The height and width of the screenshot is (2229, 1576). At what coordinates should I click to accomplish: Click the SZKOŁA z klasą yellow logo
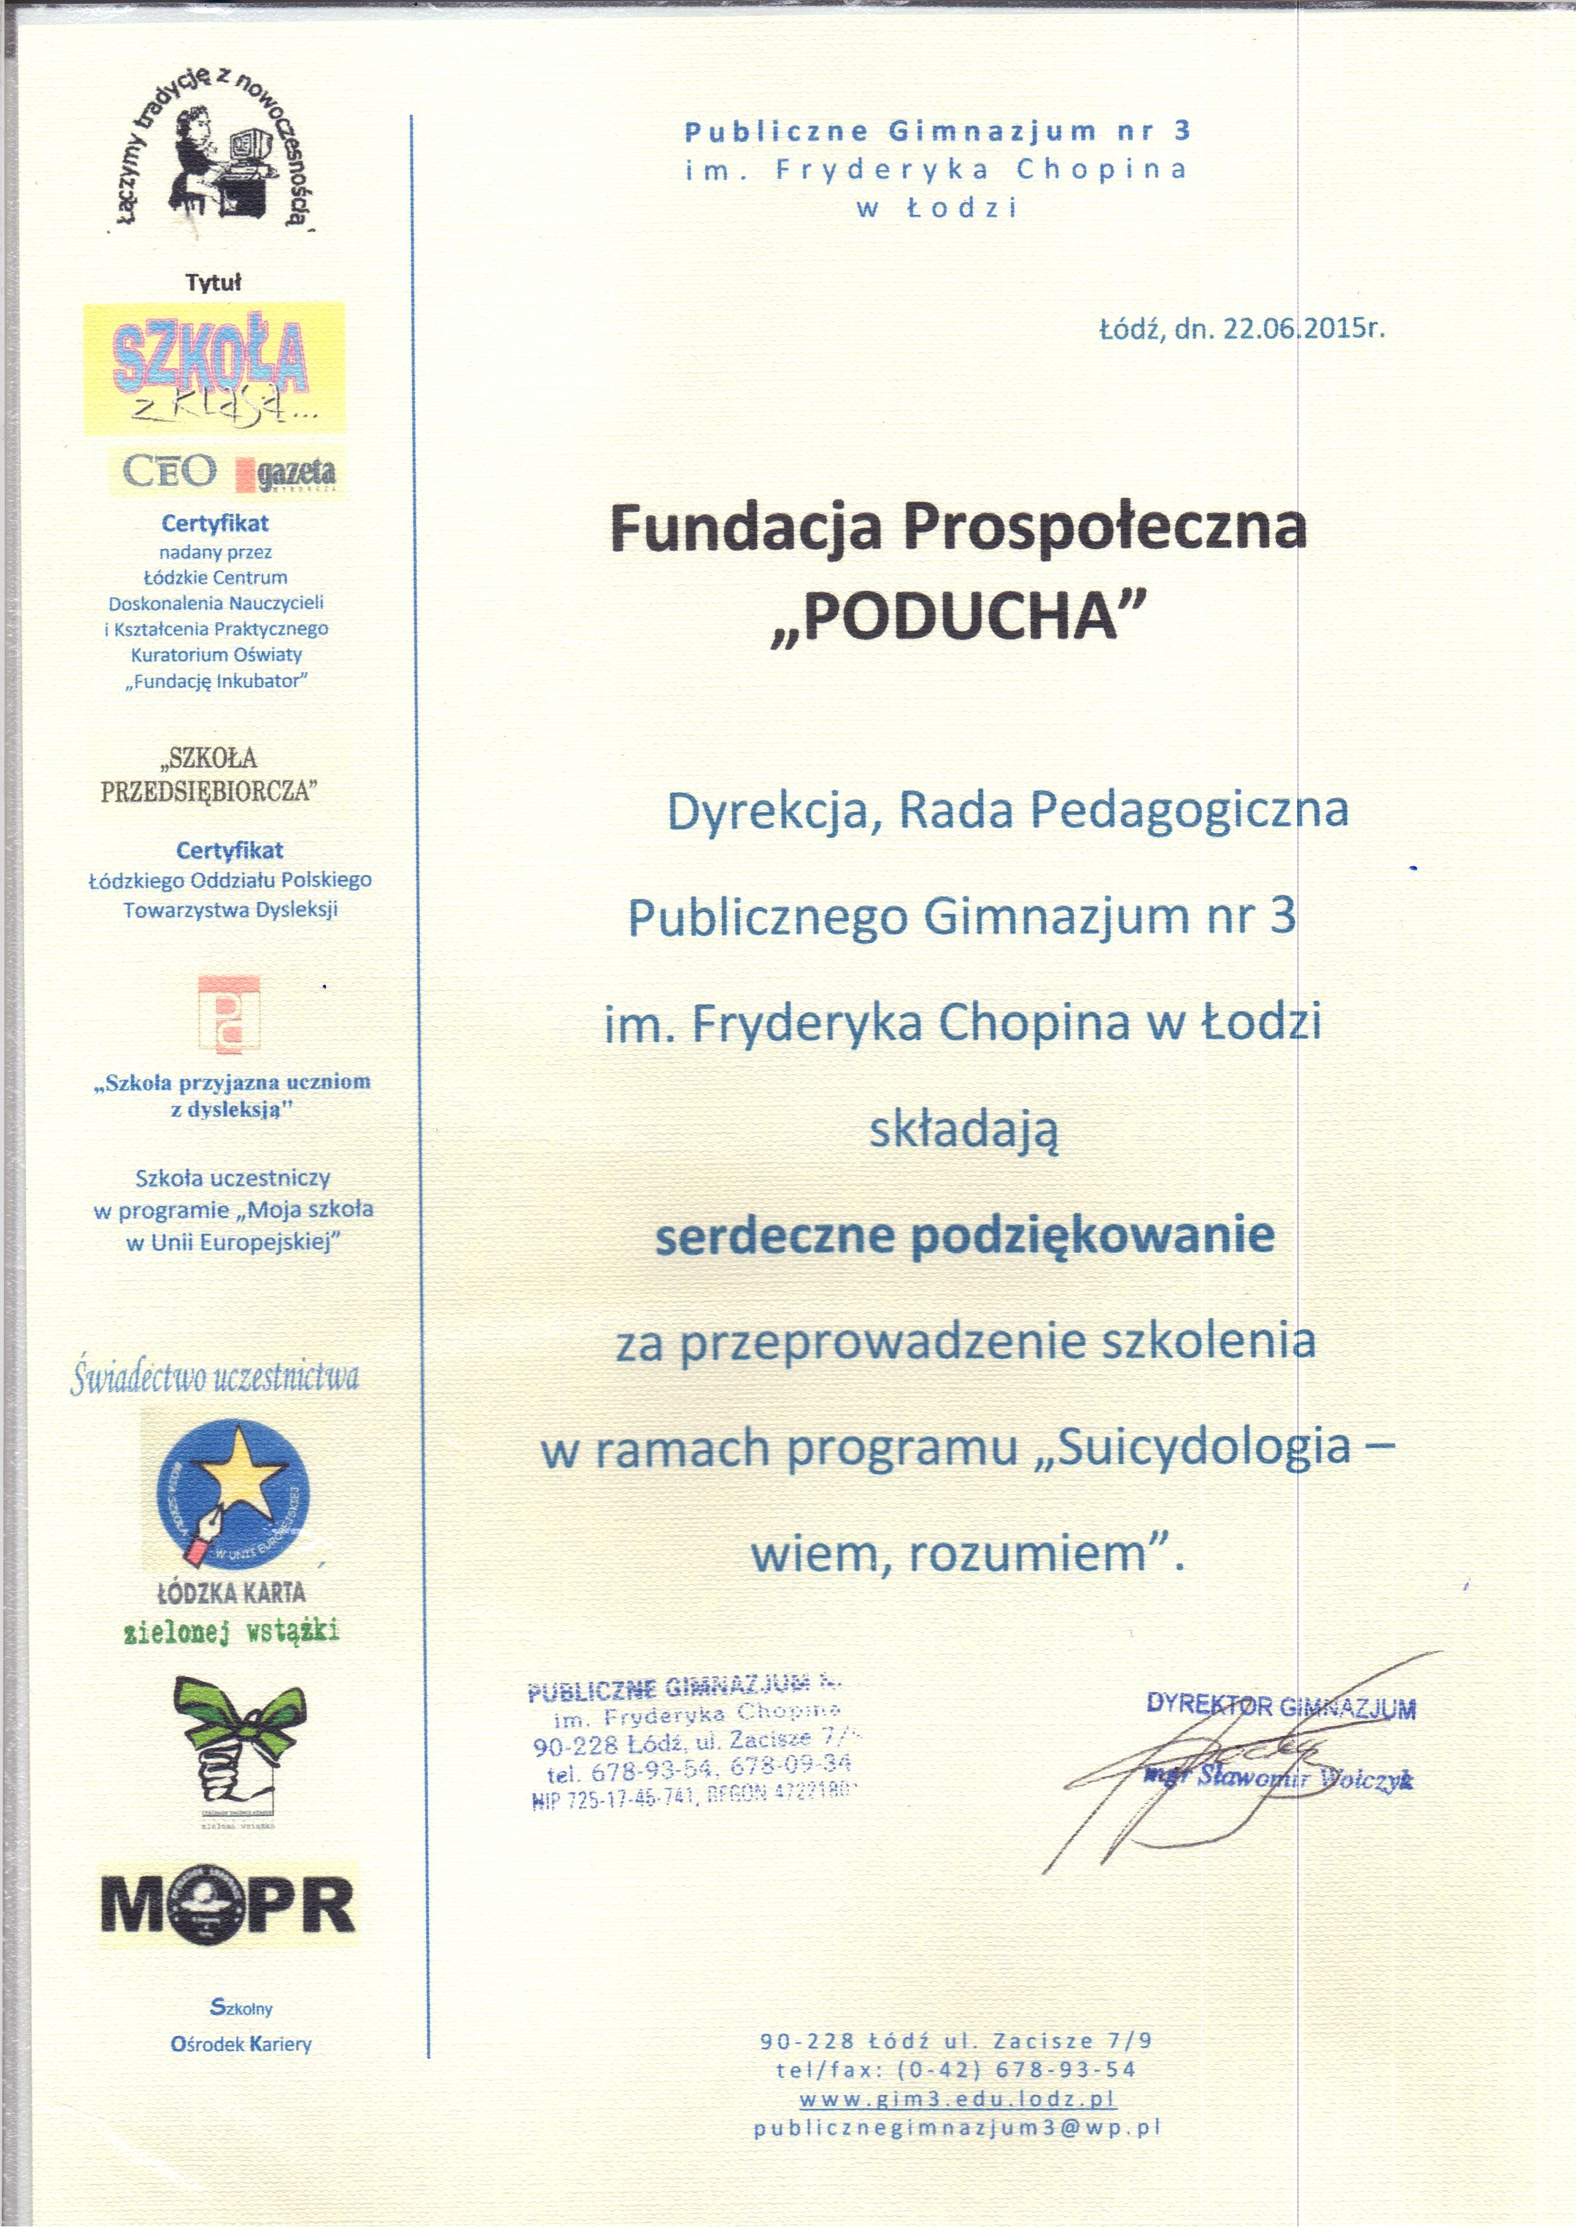[214, 369]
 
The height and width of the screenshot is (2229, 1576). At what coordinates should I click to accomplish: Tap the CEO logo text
[170, 472]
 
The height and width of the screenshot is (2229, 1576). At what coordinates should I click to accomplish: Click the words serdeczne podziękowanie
[964, 1234]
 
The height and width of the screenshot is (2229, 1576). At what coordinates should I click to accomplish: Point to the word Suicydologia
[1204, 1447]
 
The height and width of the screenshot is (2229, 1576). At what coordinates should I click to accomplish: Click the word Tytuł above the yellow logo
[213, 283]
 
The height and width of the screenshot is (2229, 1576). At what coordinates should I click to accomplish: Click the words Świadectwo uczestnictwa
[215, 1377]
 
